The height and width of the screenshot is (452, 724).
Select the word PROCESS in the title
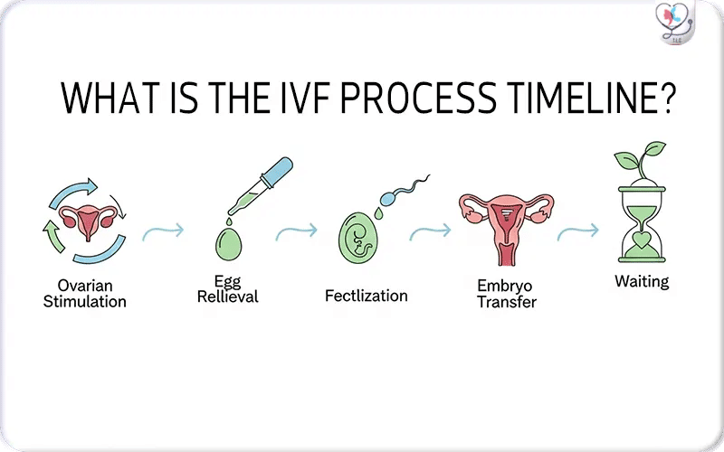coord(426,99)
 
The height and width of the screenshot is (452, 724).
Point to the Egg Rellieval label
coord(227,289)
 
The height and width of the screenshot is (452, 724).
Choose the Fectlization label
coord(366,296)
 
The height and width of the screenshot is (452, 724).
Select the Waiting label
coord(642,281)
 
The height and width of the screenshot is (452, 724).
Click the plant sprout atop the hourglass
coord(640,163)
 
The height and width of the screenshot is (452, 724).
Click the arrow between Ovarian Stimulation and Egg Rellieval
coord(163,231)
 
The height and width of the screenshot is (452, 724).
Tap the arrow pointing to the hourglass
coord(576,233)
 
